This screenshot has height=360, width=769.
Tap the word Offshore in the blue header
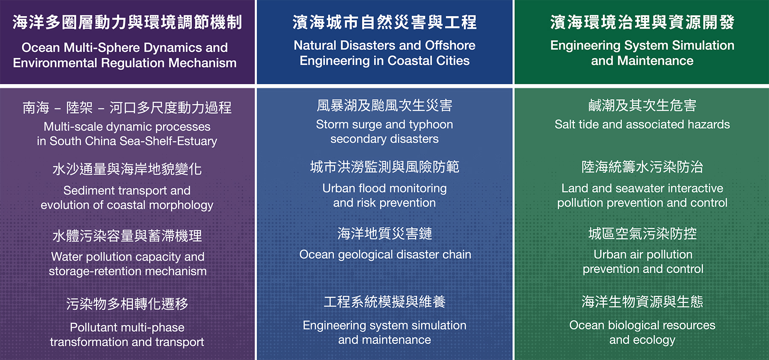(x=450, y=45)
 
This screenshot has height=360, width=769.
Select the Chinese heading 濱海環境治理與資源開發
(x=642, y=22)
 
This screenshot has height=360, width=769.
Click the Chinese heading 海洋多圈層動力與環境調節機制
(x=127, y=22)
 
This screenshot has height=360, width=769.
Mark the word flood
(x=370, y=188)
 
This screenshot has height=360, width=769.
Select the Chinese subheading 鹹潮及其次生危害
(x=642, y=105)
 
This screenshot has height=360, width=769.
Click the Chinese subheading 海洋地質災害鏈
(x=384, y=234)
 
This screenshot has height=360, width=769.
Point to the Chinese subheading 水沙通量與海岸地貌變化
(x=127, y=169)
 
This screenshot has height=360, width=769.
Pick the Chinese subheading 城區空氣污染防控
(x=642, y=234)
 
